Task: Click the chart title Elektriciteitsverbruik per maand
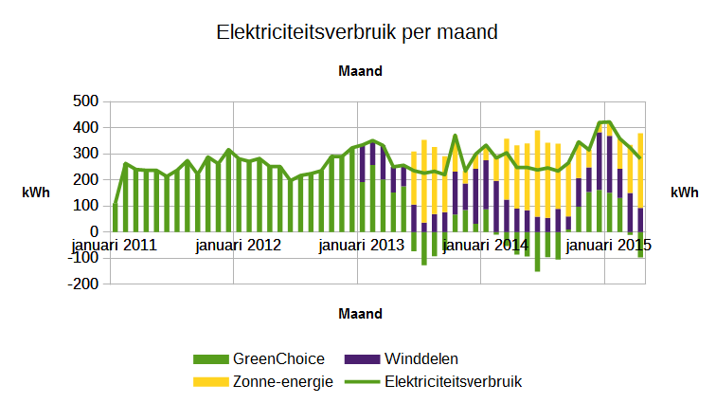point(357,32)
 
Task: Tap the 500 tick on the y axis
point(85,101)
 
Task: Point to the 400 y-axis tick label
point(85,127)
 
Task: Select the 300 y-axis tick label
point(85,154)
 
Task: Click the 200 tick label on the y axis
point(85,179)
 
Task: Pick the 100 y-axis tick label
point(85,206)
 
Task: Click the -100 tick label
point(83,258)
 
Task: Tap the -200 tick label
point(83,284)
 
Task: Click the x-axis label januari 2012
point(239,245)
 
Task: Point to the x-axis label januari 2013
point(362,245)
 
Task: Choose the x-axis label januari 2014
point(486,245)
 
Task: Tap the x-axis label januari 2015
point(609,245)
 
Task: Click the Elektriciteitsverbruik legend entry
point(454,381)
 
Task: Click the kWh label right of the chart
point(684,192)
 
